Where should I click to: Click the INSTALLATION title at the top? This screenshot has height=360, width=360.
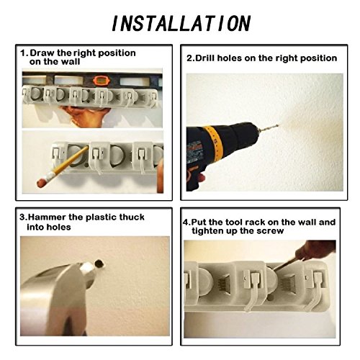[x=181, y=23]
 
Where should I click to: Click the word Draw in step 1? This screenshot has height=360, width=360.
[x=42, y=53]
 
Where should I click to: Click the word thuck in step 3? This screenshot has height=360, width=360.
[x=132, y=217]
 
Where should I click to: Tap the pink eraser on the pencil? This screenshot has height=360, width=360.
[x=41, y=182]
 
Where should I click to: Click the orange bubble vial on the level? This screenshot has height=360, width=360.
[x=101, y=80]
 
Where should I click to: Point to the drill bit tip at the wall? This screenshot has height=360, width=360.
[x=279, y=125]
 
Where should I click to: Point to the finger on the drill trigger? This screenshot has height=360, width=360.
[x=201, y=178]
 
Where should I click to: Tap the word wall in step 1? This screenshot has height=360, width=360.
[x=71, y=62]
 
